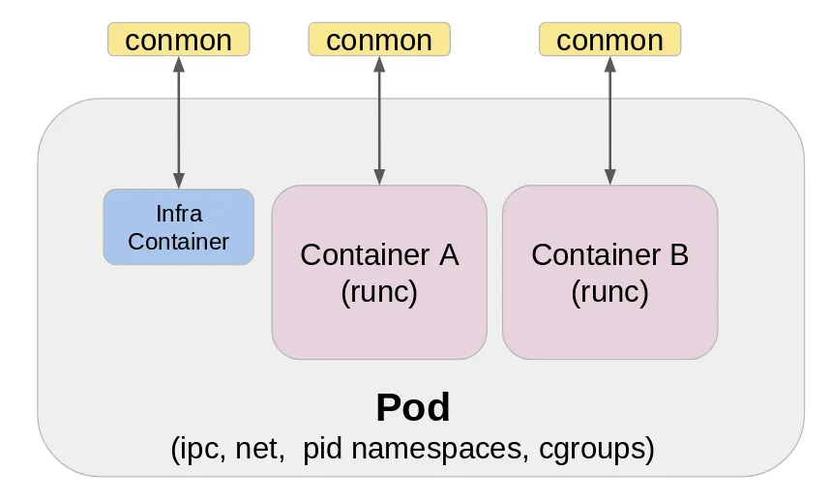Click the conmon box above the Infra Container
(x=178, y=40)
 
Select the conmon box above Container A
(x=379, y=40)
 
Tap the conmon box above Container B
(x=609, y=40)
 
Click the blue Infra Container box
(x=178, y=226)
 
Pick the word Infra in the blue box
(x=178, y=213)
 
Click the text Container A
(x=379, y=255)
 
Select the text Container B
(x=609, y=255)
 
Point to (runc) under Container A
(x=379, y=291)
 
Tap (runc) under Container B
(x=609, y=291)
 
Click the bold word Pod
(x=413, y=408)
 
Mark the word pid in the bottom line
(x=322, y=449)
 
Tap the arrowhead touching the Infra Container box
(x=178, y=181)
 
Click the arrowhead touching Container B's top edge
(x=609, y=178)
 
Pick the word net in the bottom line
(x=256, y=449)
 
